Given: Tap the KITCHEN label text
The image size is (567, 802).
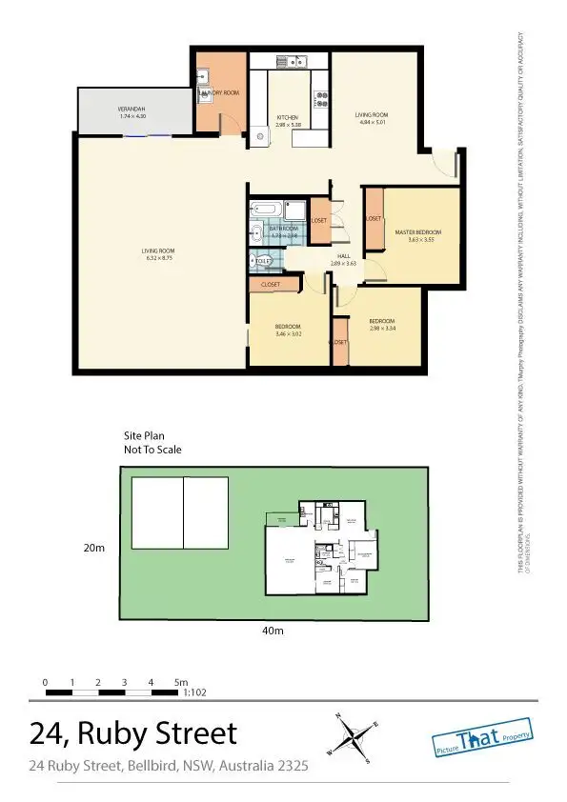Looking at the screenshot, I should pyautogui.click(x=287, y=118).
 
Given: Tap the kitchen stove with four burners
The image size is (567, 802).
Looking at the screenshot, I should pyautogui.click(x=321, y=95).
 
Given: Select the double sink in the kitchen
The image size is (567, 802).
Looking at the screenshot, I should pyautogui.click(x=291, y=63).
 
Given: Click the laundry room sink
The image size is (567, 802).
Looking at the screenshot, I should pyautogui.click(x=204, y=93).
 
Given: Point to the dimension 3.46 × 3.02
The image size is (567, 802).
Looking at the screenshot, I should pyautogui.click(x=288, y=334).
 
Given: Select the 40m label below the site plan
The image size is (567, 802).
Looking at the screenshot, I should pyautogui.click(x=273, y=630).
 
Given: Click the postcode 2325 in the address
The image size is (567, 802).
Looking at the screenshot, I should pyautogui.click(x=293, y=765).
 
